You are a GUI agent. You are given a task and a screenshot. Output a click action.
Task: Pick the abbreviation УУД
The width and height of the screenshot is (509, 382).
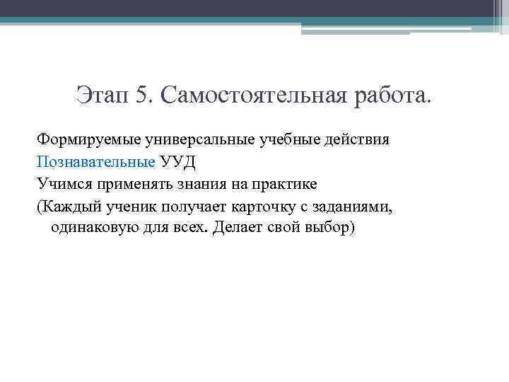click(177, 161)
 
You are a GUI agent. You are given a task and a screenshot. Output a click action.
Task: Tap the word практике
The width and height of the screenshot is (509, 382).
click(286, 184)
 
